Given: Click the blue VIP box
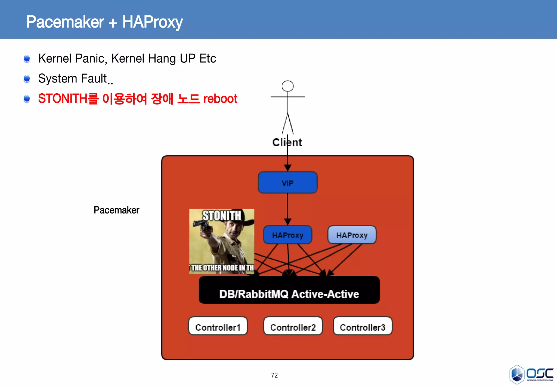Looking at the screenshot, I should [x=287, y=182].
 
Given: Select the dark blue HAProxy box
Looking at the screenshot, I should [x=287, y=235].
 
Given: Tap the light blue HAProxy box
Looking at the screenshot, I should [x=352, y=235].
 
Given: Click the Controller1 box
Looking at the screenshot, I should [x=218, y=326].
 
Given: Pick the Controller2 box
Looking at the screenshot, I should [x=293, y=326].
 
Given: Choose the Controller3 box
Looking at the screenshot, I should [x=363, y=326].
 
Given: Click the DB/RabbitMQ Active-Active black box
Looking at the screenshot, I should [x=289, y=290].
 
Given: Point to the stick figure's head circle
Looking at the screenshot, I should [x=287, y=86].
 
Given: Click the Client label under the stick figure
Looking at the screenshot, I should [x=287, y=142].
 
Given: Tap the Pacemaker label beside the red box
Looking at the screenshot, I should [x=116, y=210].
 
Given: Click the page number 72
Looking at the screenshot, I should [x=274, y=375].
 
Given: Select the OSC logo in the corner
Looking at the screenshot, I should [x=531, y=375].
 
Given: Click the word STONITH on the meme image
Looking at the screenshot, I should [x=222, y=216].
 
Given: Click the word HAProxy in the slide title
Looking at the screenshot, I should [x=152, y=22].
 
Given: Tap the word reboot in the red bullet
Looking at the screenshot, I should [x=220, y=99].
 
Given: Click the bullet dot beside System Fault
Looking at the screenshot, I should [x=27, y=79].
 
